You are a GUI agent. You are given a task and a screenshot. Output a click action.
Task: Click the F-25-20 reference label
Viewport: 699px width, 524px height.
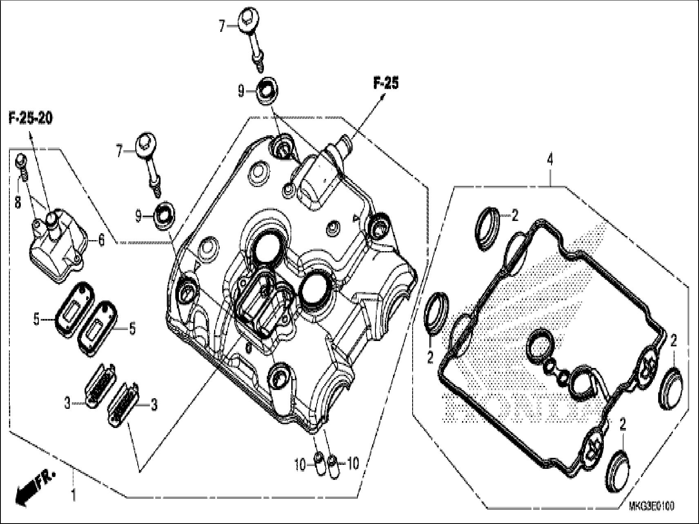point(31,119)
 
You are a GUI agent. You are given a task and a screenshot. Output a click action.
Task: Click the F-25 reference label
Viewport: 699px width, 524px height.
point(385,83)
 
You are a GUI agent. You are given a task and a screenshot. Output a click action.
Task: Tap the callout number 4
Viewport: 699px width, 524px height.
point(550,160)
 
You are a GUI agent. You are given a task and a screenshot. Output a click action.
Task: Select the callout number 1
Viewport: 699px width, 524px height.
point(73,496)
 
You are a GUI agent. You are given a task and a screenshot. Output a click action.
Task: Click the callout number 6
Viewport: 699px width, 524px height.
point(101,241)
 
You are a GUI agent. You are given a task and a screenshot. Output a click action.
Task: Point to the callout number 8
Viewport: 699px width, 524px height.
point(18,203)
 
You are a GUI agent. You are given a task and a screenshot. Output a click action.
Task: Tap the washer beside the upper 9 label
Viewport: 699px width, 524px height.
point(266,89)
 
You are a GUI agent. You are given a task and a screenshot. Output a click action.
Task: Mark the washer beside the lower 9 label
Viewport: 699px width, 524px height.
point(164,213)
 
